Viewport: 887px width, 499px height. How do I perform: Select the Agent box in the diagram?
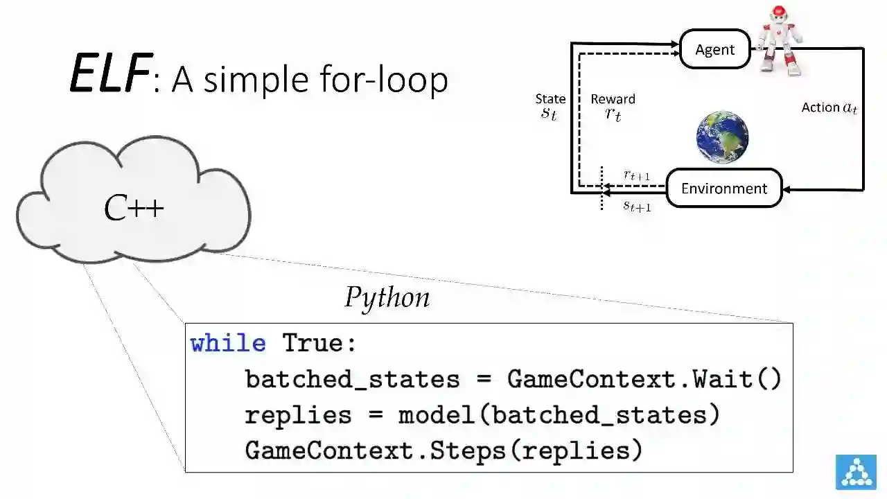point(714,49)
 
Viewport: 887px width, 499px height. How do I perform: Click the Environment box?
point(723,189)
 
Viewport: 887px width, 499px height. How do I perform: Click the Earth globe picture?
point(722,137)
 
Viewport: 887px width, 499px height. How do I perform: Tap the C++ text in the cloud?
point(134,208)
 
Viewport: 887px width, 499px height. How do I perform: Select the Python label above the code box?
point(387,298)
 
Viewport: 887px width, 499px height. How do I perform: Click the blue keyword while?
point(228,344)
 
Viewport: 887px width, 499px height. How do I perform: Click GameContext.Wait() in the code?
point(644,379)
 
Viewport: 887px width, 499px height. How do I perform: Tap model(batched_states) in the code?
point(559,415)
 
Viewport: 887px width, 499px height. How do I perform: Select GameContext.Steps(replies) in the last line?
point(443,451)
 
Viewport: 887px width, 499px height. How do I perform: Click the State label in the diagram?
point(550,99)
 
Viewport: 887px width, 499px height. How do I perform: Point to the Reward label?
point(613,99)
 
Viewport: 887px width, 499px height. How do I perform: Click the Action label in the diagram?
point(829,107)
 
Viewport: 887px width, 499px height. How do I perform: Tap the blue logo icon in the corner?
point(856,472)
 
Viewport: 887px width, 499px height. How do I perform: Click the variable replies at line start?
point(298,415)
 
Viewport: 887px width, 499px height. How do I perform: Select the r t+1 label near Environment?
point(636,175)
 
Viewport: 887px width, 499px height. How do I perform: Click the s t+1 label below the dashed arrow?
point(636,205)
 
